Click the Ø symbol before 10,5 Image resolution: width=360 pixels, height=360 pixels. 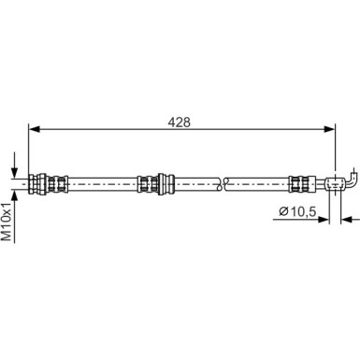click(283, 214)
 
